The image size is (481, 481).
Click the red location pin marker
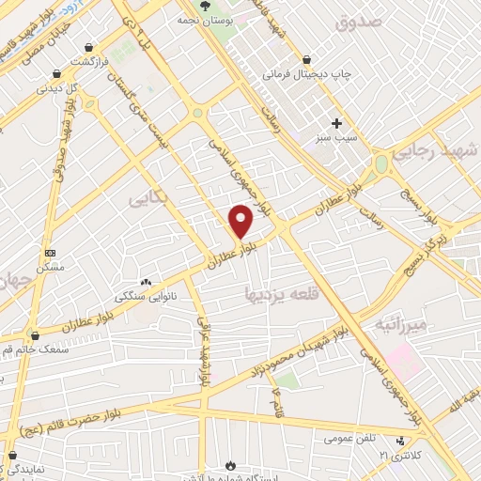pyautogui.click(x=241, y=221)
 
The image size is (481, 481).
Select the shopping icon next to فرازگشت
pyautogui.click(x=88, y=46)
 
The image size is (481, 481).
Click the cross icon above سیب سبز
pyautogui.click(x=336, y=123)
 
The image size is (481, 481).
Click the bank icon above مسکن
pyautogui.click(x=50, y=253)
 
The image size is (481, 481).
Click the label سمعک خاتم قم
pyautogui.click(x=36, y=349)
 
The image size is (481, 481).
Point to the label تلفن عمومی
pyautogui.click(x=350, y=439)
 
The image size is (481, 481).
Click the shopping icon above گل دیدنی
pyautogui.click(x=56, y=73)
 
